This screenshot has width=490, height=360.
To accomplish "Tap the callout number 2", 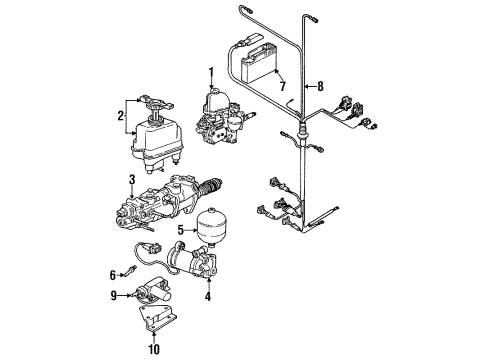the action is tap(120, 116).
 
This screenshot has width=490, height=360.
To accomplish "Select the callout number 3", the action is tap(132, 180).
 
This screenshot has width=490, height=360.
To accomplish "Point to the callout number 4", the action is tap(208, 296).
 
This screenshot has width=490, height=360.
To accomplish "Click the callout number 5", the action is tap(181, 230).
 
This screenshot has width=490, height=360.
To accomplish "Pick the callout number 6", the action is tap(113, 275).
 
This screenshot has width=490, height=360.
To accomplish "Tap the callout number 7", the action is tap(283, 86).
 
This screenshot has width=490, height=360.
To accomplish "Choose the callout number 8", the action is tap(320, 86).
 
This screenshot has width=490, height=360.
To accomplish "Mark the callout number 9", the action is tap(114, 295).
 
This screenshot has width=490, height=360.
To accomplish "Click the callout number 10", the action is tap(154, 349).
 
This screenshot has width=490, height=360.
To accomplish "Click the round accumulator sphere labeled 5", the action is tap(210, 227).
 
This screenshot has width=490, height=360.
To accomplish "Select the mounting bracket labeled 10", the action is tap(158, 317).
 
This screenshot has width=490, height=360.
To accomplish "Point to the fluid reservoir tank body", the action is tap(157, 140).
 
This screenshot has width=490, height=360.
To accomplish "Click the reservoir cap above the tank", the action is tap(156, 103).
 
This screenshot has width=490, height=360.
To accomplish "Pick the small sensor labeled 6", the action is tap(128, 270).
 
